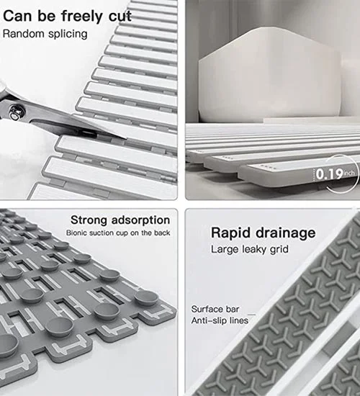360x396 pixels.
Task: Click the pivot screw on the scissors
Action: (x=17, y=112)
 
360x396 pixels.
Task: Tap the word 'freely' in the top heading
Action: (x=82, y=17)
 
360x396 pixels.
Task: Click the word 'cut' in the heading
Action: (x=120, y=16)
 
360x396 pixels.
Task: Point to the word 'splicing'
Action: (x=68, y=34)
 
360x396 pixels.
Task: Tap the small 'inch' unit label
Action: (x=349, y=174)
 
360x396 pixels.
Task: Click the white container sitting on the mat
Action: (x=269, y=76)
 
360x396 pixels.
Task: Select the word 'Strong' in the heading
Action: (x=89, y=220)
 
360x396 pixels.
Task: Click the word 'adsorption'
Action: (x=140, y=220)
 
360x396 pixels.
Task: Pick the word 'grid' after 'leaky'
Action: (x=279, y=250)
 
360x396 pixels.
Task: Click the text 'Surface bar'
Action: (x=215, y=309)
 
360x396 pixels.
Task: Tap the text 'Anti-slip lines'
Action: (x=220, y=320)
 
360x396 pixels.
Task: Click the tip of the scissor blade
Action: (x=126, y=138)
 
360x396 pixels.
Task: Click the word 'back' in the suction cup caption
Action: (x=162, y=233)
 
